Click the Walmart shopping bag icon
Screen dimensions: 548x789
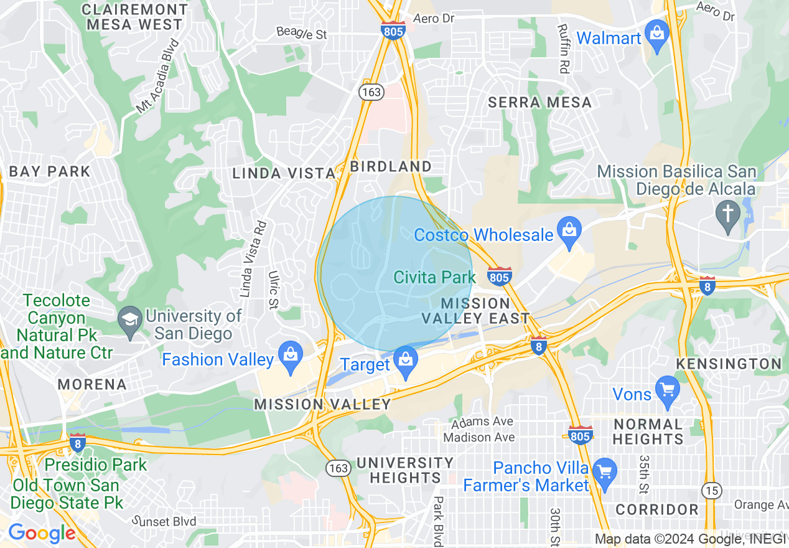click(657, 35)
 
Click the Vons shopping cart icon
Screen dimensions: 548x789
click(667, 391)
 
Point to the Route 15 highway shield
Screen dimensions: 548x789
click(712, 490)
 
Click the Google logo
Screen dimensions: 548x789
click(41, 533)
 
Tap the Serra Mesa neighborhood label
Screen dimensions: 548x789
click(539, 102)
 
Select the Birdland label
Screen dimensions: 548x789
click(391, 166)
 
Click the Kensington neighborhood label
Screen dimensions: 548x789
click(728, 364)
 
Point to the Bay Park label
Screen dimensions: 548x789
click(50, 171)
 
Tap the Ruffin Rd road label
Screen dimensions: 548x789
click(564, 49)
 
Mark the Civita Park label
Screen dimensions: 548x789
click(434, 277)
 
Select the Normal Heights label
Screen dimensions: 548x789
click(648, 432)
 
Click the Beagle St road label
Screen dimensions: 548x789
click(301, 33)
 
